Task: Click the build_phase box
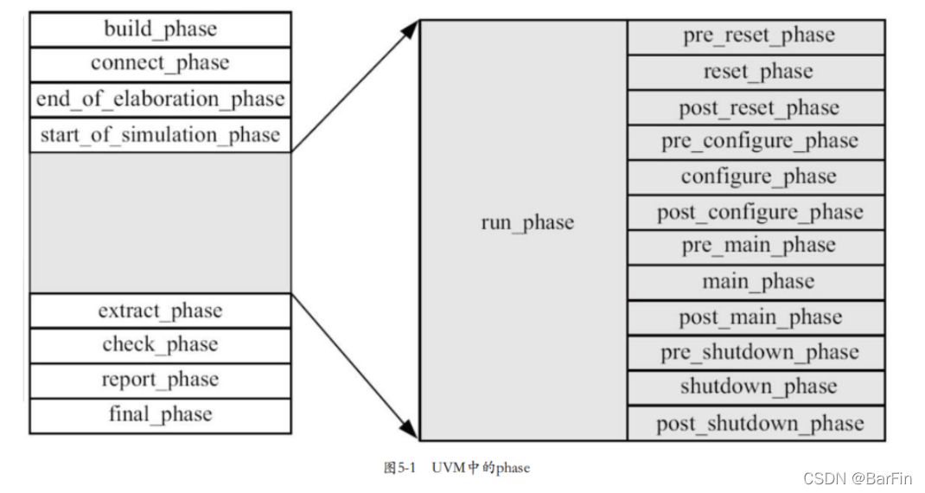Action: point(160,29)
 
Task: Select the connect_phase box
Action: point(160,64)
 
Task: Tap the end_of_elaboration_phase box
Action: point(160,99)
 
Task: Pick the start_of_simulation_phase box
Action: point(160,135)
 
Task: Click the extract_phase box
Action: point(160,311)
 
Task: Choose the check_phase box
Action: point(160,345)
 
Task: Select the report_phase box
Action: point(160,381)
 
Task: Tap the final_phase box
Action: point(160,415)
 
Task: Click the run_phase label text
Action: point(526,223)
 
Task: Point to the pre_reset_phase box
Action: point(757,36)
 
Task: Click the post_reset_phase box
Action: point(757,107)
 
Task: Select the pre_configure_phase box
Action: point(757,142)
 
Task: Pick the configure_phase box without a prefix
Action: point(757,177)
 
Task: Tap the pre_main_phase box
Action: point(757,246)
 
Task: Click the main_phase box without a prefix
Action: point(757,282)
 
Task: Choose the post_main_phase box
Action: point(757,317)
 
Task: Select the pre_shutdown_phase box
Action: point(757,353)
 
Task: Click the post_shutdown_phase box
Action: point(757,423)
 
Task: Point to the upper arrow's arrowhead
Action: point(411,29)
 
